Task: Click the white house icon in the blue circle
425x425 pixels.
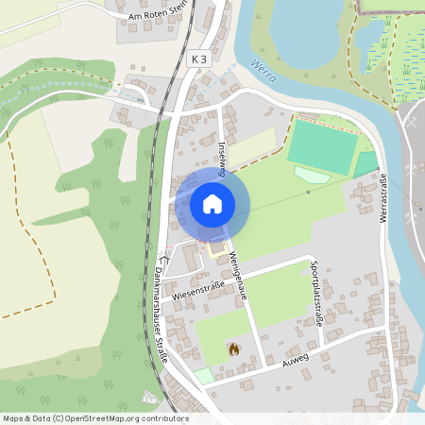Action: [x=212, y=203]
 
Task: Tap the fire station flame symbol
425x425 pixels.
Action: [x=233, y=349]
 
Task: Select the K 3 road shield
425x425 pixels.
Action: [x=197, y=59]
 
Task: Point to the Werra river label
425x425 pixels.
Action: [x=263, y=72]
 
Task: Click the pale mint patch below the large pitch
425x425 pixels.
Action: [x=312, y=175]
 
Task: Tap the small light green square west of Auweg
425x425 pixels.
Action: [x=204, y=375]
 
